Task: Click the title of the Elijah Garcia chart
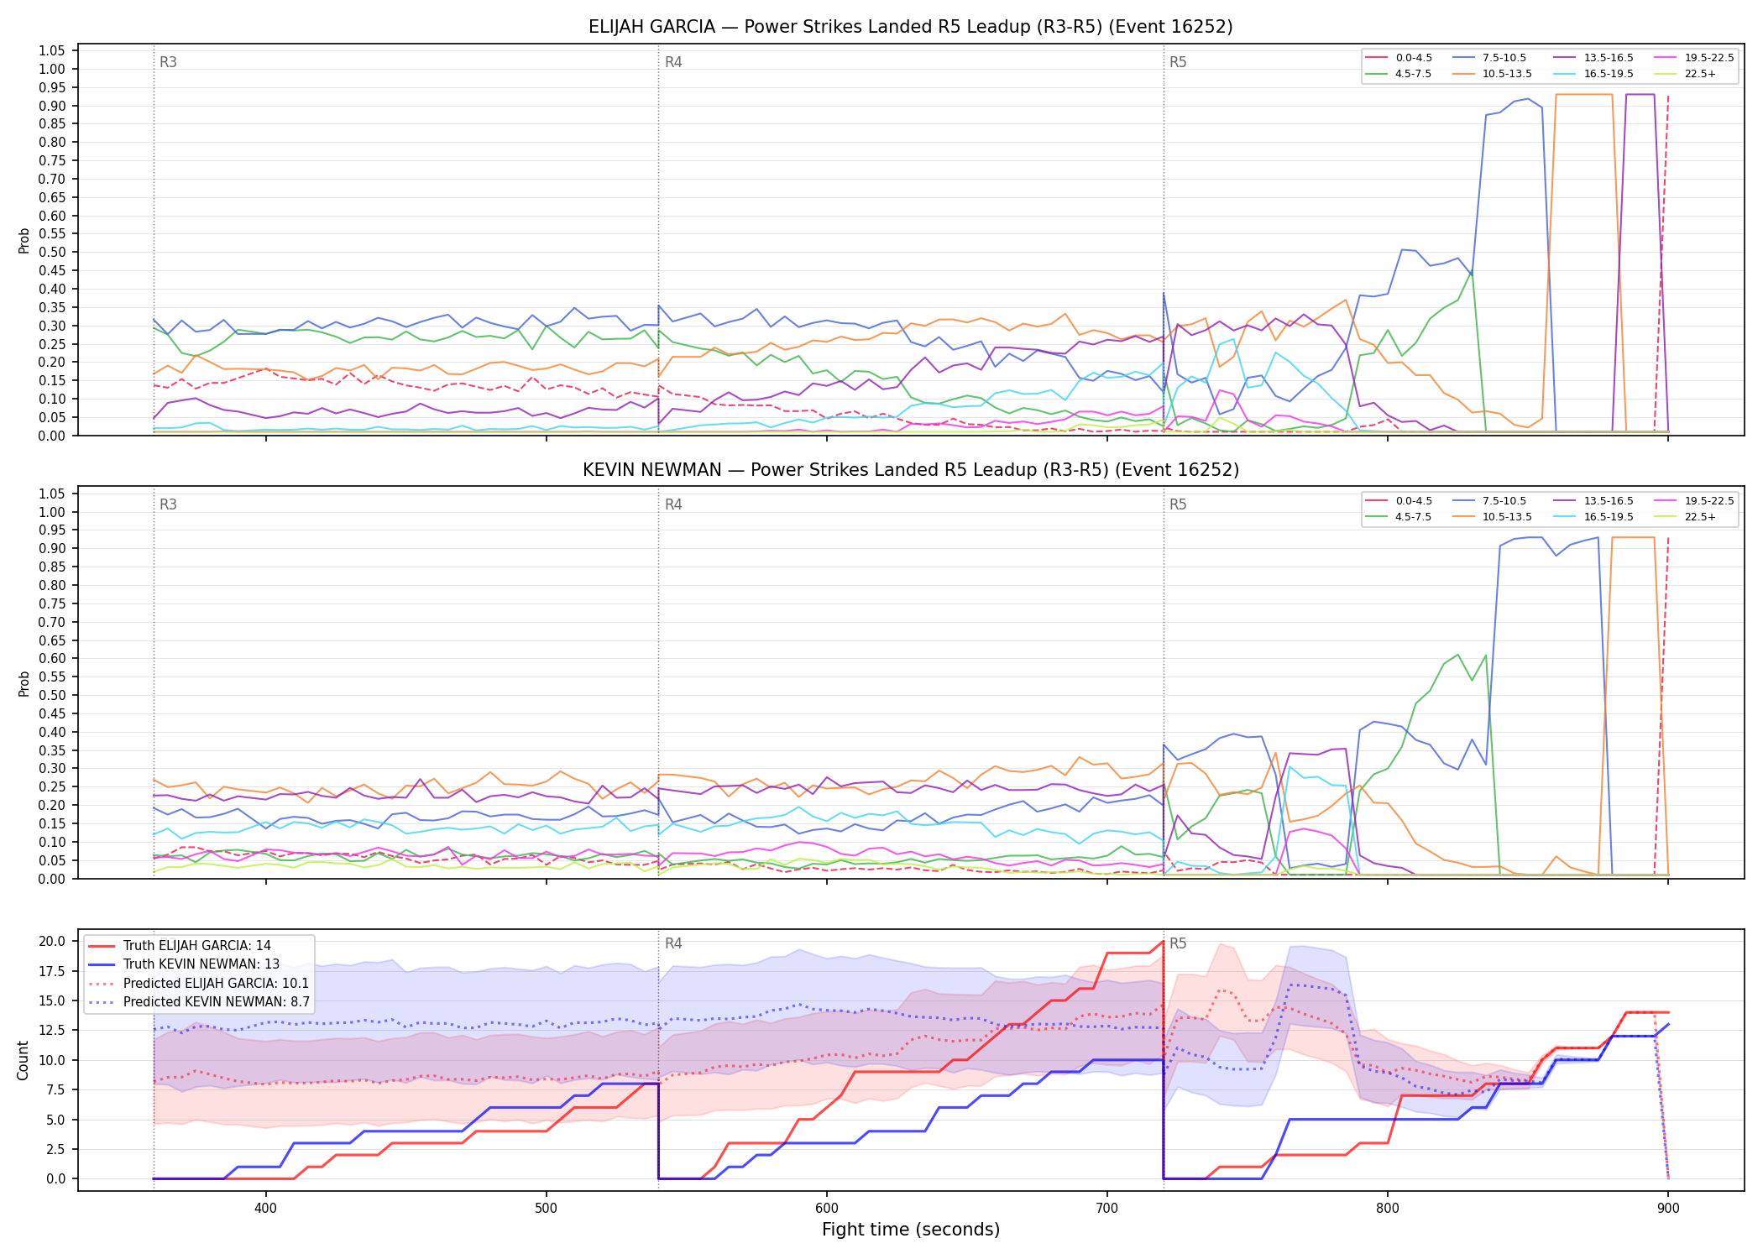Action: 910,27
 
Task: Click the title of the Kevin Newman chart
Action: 910,470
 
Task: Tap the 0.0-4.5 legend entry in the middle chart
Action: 1399,501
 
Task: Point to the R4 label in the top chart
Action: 673,62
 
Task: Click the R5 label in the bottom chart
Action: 1178,943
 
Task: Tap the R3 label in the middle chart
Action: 168,504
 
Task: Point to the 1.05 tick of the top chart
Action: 52,51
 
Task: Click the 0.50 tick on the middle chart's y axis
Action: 52,695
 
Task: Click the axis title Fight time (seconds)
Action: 911,1230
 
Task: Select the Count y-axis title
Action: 23,1060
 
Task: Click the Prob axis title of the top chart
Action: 24,240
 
